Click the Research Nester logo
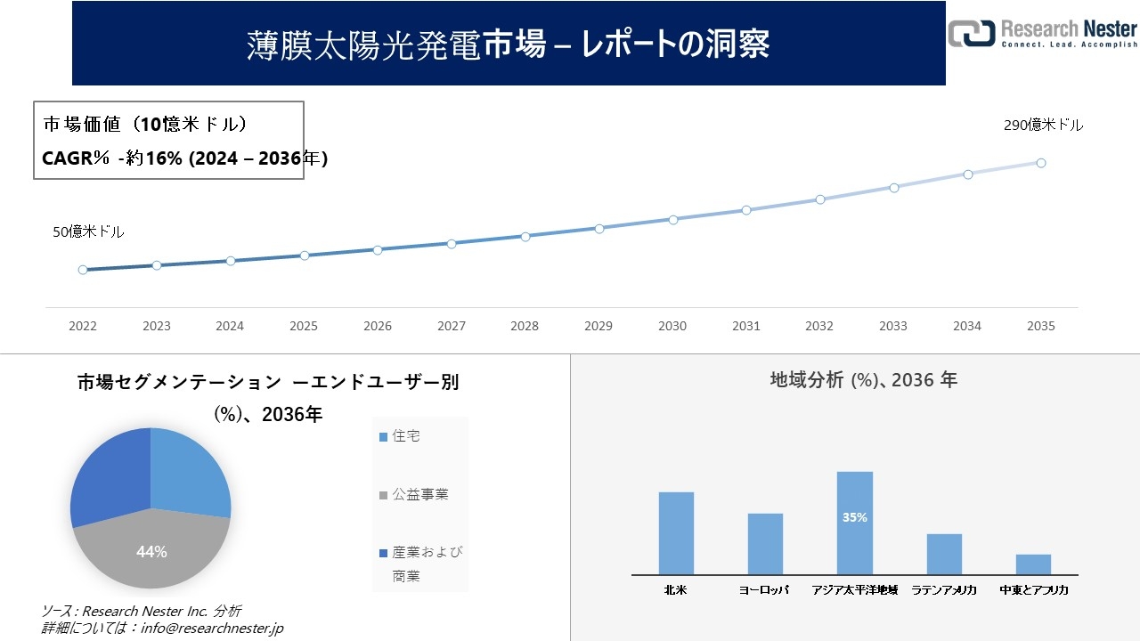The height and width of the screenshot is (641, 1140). coord(1043,33)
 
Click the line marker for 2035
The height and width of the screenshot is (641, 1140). coord(1040,163)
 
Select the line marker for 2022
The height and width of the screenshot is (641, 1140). coord(83,270)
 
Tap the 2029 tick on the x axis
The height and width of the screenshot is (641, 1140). coord(598,327)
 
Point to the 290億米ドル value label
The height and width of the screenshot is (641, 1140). coord(1043,126)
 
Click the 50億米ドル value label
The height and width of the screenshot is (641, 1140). coord(88,231)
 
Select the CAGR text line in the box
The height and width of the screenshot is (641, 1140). coord(185,158)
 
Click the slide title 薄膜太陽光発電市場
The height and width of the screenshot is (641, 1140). coord(508,44)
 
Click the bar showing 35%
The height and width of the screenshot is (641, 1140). coord(854,523)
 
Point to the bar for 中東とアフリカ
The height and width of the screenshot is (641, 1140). coord(1033,564)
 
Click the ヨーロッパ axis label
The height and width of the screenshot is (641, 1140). coord(764,590)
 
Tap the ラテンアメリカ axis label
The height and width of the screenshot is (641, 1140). coord(944,590)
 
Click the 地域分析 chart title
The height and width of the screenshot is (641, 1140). coord(863,380)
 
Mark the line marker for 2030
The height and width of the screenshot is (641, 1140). coord(672,219)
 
